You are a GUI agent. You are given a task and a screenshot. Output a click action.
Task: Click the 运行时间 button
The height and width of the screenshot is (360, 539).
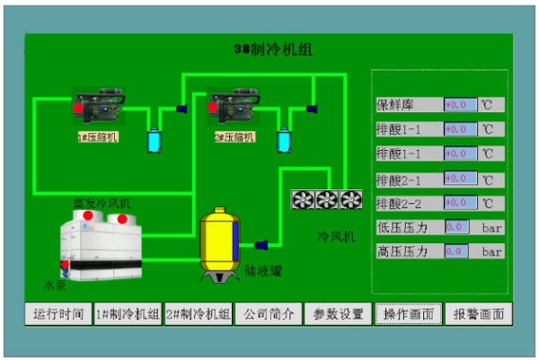click(x=58, y=314)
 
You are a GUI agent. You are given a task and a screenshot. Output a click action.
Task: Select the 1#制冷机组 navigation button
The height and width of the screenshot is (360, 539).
click(x=128, y=314)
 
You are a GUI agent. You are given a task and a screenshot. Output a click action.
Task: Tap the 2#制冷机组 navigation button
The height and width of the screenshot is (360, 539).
click(x=199, y=314)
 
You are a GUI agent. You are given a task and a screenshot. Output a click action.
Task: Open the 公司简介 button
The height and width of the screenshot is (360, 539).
click(x=268, y=314)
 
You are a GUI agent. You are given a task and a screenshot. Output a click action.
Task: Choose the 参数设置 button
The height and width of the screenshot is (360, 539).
click(x=338, y=314)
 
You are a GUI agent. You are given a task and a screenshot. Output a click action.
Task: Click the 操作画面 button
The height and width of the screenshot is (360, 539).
click(x=408, y=314)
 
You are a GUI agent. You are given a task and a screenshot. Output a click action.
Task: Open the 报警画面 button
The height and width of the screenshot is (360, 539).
click(x=478, y=314)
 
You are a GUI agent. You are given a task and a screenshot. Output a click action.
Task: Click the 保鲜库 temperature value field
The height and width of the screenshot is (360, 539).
click(x=460, y=105)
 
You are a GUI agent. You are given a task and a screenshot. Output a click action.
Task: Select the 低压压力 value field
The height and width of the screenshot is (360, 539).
click(x=457, y=227)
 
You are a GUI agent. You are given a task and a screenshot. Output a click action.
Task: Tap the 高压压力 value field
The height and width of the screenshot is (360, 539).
click(x=457, y=252)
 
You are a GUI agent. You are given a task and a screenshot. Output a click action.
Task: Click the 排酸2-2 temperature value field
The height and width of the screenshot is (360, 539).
click(x=460, y=203)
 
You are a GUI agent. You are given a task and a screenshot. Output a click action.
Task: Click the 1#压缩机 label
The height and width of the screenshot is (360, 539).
click(x=98, y=137)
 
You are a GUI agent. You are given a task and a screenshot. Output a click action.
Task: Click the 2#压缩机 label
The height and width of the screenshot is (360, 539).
click(x=234, y=137)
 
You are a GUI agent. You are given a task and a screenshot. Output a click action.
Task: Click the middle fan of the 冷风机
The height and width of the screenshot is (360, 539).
click(x=326, y=199)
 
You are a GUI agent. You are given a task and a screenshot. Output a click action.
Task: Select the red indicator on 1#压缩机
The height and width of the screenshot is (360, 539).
click(x=78, y=109)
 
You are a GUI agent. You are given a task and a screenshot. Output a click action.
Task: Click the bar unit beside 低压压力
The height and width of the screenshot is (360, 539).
click(x=491, y=227)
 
